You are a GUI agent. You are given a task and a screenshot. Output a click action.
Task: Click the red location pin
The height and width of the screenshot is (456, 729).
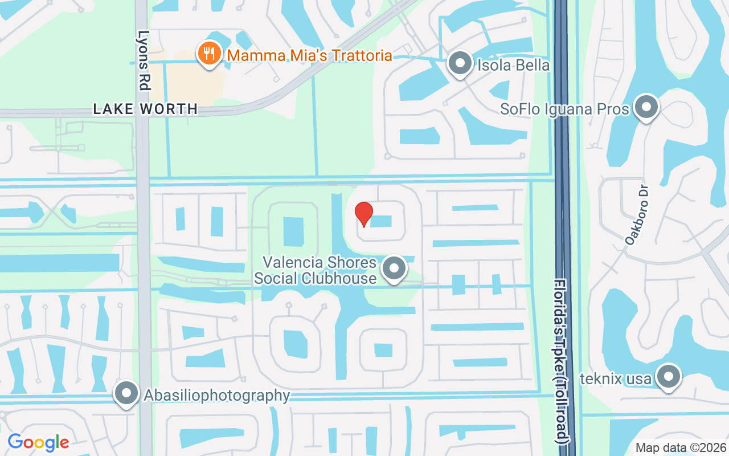(363, 214)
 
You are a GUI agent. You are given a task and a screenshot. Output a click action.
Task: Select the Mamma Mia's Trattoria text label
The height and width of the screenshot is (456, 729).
(309, 55)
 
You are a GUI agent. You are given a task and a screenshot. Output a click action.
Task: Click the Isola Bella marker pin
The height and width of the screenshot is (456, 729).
(460, 64)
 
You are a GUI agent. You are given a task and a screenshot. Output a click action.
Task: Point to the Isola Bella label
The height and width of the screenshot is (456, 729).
(514, 65)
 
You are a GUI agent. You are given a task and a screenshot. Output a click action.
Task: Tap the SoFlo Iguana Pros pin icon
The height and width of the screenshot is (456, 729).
(646, 107)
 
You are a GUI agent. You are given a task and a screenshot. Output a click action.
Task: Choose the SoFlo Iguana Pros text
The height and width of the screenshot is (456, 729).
(564, 108)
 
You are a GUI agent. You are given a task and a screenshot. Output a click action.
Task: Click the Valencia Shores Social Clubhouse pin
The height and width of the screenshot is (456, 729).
(394, 268)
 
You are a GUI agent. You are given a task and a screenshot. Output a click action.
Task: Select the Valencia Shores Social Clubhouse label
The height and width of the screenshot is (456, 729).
(316, 271)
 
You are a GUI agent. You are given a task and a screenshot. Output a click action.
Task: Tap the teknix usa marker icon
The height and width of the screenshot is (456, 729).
(669, 377)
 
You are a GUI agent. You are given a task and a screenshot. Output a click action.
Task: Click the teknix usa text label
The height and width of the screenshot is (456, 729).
(615, 378)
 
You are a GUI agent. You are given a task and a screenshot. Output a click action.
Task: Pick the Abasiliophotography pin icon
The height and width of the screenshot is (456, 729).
(126, 394)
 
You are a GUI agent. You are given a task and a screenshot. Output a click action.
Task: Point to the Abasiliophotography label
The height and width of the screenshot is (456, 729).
(217, 395)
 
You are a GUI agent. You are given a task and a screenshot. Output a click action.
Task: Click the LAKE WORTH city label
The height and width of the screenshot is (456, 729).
(145, 109)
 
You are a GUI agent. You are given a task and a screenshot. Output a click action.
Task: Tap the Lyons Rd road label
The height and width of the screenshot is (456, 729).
(144, 60)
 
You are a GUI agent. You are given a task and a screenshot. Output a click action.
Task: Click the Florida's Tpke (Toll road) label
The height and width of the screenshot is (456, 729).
(562, 361)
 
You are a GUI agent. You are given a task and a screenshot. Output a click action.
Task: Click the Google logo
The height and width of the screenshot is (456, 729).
(38, 442)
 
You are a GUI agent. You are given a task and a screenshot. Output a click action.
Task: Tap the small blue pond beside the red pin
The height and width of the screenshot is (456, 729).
(381, 221)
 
